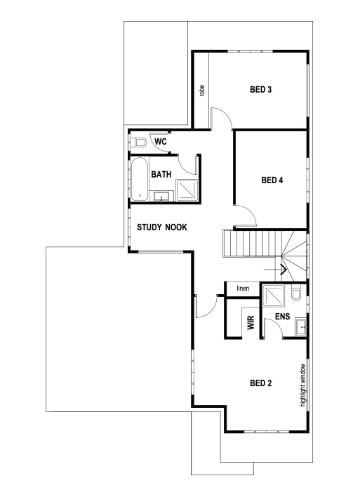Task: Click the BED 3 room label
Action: pyautogui.click(x=261, y=89)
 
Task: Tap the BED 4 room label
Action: pyautogui.click(x=272, y=180)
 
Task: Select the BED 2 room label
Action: pyautogui.click(x=261, y=383)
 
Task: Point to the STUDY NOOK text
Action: pyautogui.click(x=161, y=227)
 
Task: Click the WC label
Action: pyautogui.click(x=160, y=142)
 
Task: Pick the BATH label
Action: pyautogui.click(x=161, y=174)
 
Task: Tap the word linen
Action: pyautogui.click(x=243, y=289)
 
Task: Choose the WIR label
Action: pyautogui.click(x=249, y=324)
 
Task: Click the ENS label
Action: pyautogui.click(x=283, y=317)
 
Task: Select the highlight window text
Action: pyautogui.click(x=303, y=385)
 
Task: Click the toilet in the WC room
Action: pyautogui.click(x=140, y=143)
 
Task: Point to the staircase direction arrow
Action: pyautogui.click(x=284, y=268)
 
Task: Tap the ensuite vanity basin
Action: pyautogui.click(x=302, y=325)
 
